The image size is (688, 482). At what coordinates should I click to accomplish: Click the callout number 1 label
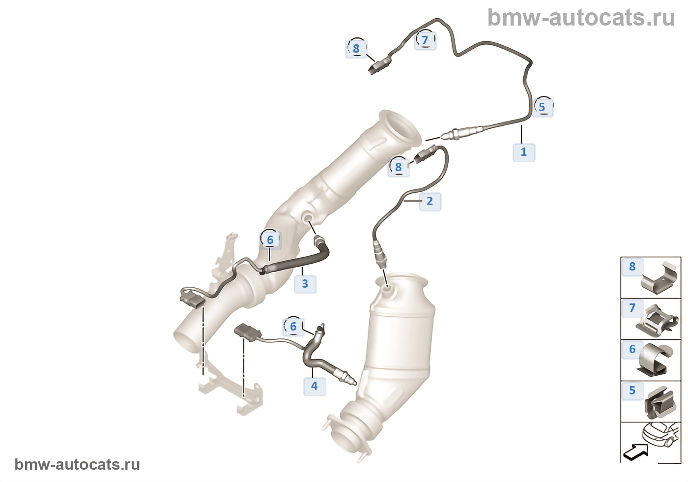point(524,152)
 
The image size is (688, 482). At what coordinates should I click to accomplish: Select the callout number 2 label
point(430,201)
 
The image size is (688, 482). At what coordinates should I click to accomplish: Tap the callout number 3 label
point(305,284)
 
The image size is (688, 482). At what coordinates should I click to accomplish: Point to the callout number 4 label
point(315,386)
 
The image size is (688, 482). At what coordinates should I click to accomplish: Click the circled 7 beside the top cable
point(426,40)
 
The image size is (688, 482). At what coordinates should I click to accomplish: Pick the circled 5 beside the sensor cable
point(542,107)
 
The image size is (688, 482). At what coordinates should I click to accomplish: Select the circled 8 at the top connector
point(356,49)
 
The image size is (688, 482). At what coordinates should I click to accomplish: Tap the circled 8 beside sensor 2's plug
point(399,167)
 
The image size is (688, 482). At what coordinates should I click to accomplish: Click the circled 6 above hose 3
point(270,240)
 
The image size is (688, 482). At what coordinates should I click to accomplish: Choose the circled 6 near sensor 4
point(293,327)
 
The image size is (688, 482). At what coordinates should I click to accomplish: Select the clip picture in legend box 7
point(659,320)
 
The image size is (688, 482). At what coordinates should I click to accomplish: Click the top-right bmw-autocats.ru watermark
point(581,18)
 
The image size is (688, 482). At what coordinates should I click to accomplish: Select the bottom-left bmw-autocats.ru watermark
point(77,464)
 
